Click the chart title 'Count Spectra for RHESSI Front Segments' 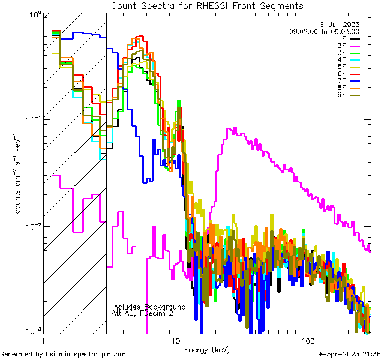coord(207,5)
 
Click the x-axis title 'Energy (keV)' coord(208,349)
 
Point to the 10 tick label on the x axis coord(175,340)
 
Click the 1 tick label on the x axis coord(41,340)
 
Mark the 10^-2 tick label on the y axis coord(30,226)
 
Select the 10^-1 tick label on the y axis coord(30,118)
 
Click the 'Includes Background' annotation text coord(149,307)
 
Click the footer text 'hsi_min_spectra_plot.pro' coord(86,355)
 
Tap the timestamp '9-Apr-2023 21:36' coord(349,355)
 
